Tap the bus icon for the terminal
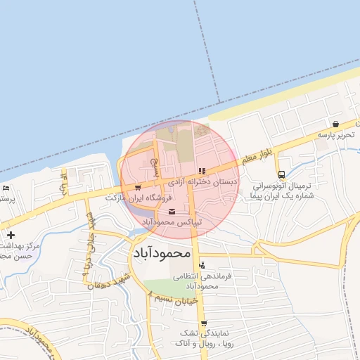tap(281, 174)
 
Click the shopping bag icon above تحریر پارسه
tap(337, 124)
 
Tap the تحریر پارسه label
tap(333, 134)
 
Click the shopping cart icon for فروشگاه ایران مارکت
tap(138, 188)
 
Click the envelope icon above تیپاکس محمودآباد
tap(172, 212)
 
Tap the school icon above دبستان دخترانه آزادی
tap(202, 170)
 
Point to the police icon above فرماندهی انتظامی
tap(202, 265)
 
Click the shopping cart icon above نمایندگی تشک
tap(204, 324)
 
